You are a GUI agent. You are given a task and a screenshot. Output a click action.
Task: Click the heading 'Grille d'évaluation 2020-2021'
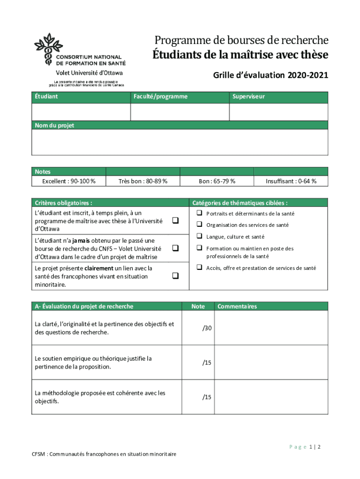[271, 75]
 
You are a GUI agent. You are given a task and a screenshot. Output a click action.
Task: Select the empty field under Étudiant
[81, 112]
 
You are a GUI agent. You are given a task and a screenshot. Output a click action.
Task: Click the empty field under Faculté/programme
[180, 112]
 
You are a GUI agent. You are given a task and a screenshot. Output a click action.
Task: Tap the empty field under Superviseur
[278, 112]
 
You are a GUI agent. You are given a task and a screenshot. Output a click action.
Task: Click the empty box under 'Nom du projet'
[180, 142]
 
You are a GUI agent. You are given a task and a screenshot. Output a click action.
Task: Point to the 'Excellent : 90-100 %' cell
[69, 181]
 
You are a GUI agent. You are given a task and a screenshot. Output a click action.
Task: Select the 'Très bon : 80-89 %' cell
[143, 181]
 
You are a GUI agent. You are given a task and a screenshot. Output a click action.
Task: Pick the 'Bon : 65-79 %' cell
[216, 181]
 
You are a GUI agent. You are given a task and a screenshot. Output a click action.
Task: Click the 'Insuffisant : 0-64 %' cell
[291, 181]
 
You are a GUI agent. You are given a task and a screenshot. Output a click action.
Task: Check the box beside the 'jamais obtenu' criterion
[175, 248]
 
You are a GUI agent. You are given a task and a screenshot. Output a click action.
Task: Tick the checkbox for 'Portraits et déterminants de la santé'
[199, 213]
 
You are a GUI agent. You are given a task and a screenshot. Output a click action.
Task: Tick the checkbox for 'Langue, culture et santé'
[199, 236]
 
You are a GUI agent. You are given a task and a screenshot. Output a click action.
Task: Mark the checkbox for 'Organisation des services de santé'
[199, 225]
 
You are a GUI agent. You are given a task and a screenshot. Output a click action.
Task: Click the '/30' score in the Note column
[207, 329]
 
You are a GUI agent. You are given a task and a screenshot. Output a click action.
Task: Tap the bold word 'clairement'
[99, 269]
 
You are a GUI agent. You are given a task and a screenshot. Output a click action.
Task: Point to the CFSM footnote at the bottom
[104, 454]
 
